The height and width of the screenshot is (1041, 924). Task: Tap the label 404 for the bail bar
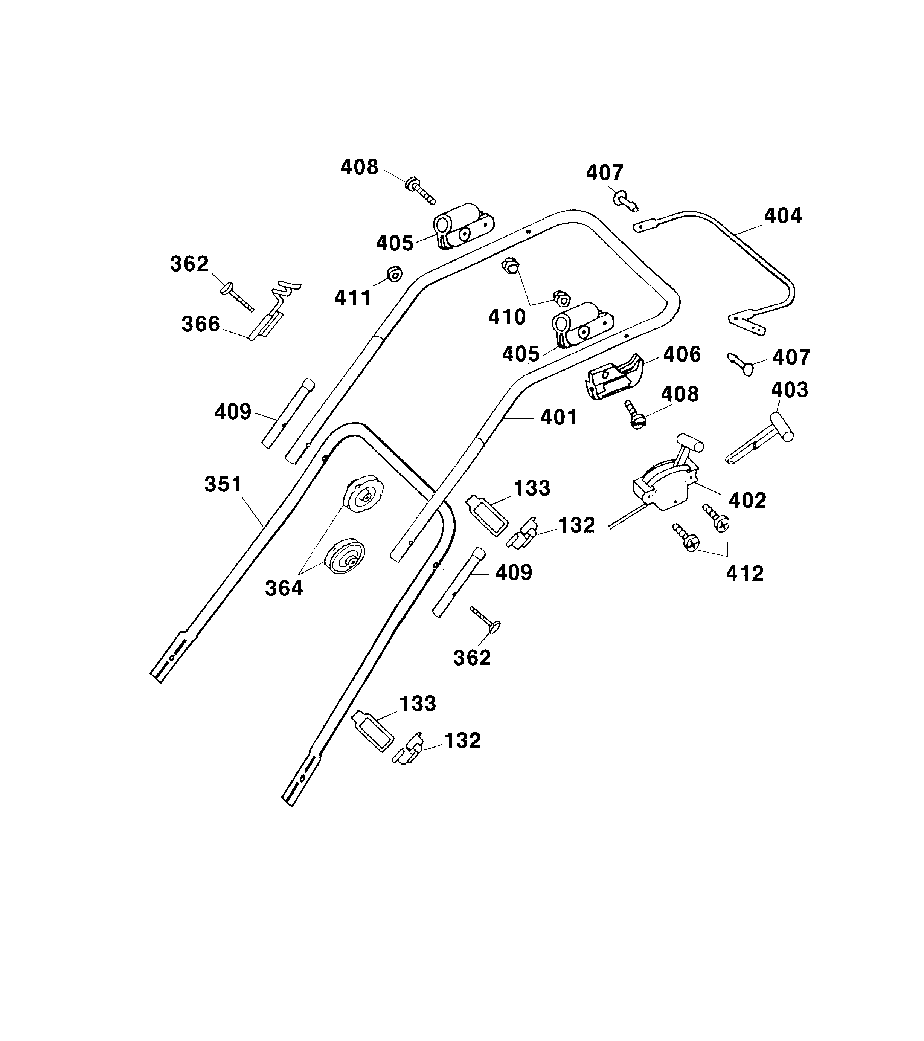tap(782, 216)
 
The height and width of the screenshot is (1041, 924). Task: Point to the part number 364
tap(284, 589)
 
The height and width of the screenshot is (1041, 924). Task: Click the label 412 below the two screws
tap(744, 574)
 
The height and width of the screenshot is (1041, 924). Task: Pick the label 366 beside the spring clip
tap(201, 324)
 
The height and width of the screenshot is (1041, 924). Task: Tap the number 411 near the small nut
tap(352, 298)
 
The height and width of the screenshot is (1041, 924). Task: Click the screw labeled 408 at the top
tap(421, 191)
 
